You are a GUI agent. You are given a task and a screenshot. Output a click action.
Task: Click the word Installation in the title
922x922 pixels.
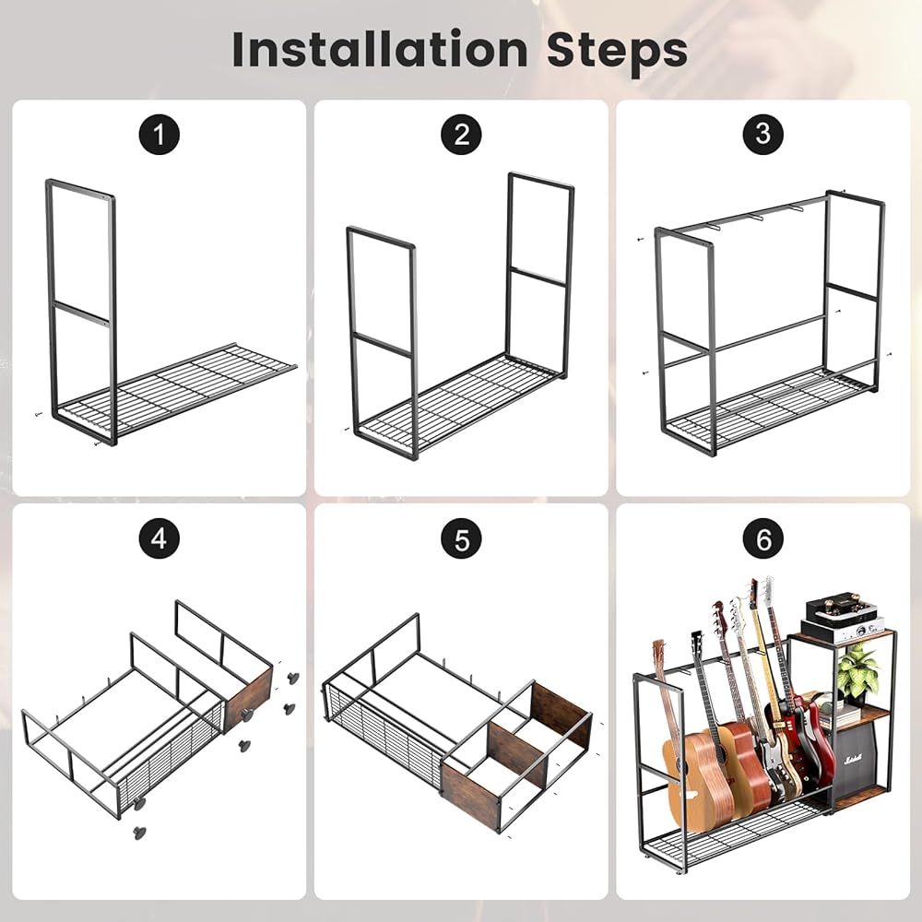pos(380,50)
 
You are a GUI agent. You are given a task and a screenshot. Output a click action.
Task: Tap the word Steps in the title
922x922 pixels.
pos(617,53)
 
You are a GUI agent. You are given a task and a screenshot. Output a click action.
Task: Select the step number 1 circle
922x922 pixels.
pos(159,135)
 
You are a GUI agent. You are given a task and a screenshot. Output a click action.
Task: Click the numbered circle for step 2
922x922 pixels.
pos(461,135)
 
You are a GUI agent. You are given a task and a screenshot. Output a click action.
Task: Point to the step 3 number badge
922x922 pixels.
pos(762,134)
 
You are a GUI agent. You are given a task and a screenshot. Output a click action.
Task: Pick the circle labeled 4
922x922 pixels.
pos(159,538)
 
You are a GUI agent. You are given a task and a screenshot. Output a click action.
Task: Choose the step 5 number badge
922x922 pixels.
pos(461,538)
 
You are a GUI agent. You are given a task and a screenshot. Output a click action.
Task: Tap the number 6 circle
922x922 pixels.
pos(762,538)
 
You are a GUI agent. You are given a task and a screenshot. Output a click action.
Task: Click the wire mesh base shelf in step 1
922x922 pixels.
pos(176,391)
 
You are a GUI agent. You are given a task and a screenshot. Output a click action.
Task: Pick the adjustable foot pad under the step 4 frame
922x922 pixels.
pos(140,832)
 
